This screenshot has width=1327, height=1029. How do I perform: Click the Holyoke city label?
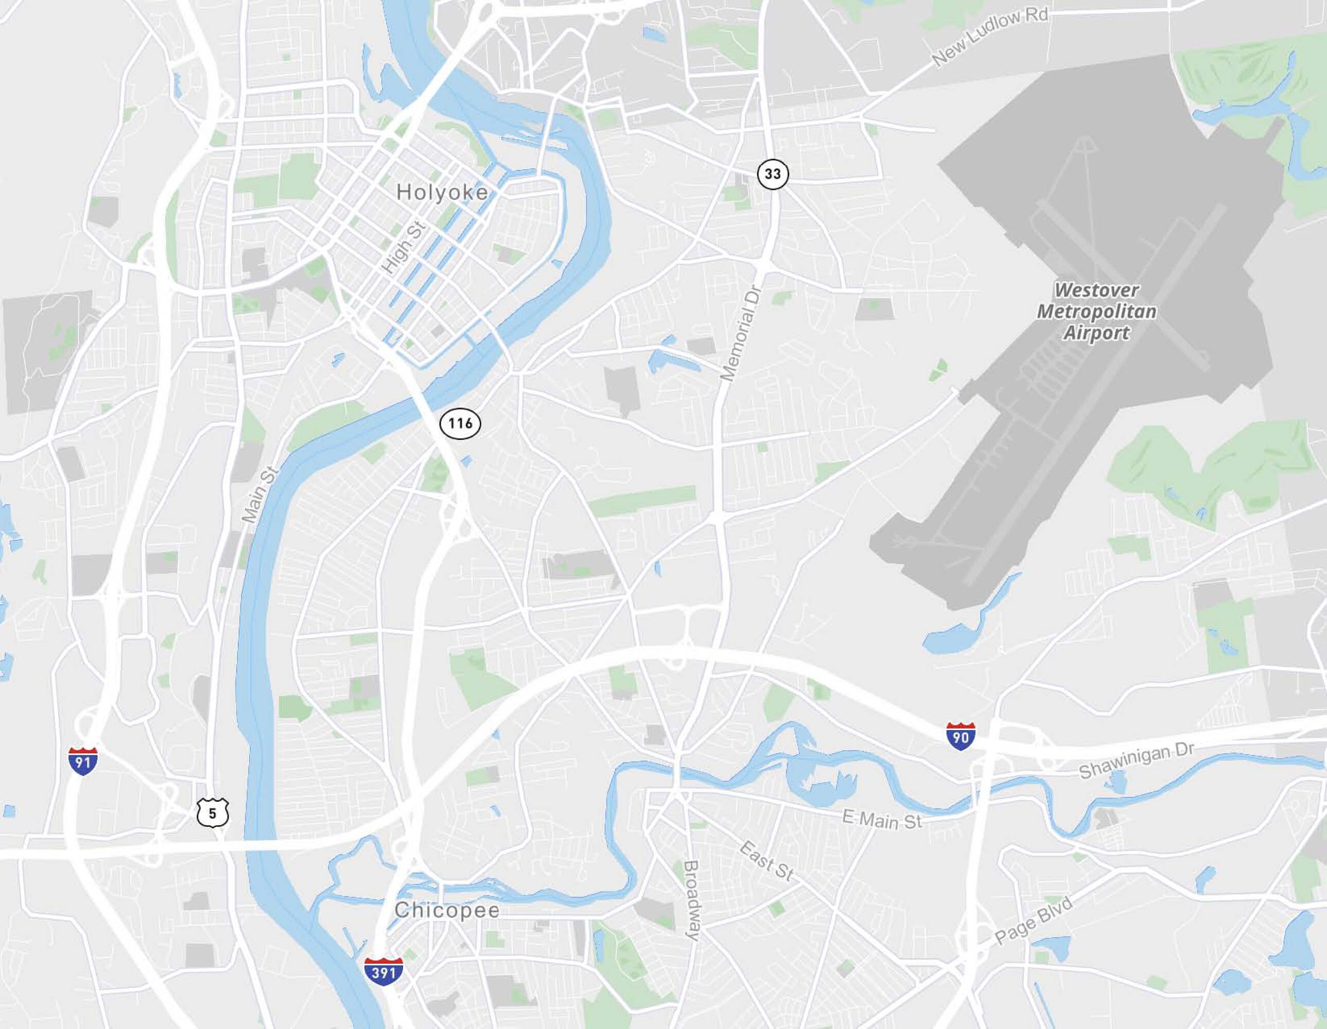pos(442,192)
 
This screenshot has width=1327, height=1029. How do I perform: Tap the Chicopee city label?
pos(447,911)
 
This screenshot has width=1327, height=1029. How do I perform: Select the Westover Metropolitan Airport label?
pos(1097,311)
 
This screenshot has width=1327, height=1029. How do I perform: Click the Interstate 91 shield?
pos(83,760)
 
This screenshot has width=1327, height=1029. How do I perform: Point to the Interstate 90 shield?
pos(961,736)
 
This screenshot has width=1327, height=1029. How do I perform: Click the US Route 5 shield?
pos(212,813)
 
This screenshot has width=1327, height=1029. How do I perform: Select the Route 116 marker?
pos(460,423)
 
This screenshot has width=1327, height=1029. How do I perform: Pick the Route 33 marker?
pos(772,174)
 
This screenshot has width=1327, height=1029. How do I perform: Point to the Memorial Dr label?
pos(742,333)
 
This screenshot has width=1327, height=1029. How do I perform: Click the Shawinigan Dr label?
pos(1136,760)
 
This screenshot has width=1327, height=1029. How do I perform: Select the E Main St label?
pos(882,820)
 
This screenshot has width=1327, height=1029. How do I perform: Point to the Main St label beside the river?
pos(259,494)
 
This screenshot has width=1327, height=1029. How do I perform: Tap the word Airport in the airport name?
pos(1097,333)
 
